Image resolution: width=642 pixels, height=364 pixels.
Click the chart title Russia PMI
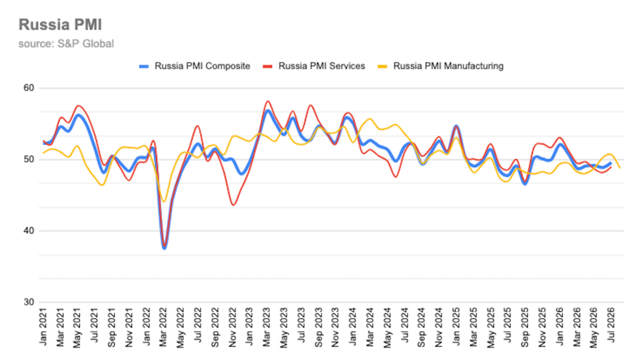(x=60, y=24)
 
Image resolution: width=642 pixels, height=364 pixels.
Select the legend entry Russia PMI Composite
(x=195, y=66)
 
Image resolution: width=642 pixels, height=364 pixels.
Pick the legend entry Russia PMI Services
(x=314, y=66)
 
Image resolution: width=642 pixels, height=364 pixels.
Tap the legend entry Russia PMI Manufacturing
(x=440, y=66)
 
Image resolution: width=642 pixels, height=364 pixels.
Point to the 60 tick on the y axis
(x=29, y=88)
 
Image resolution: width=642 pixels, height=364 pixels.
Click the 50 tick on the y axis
(x=29, y=159)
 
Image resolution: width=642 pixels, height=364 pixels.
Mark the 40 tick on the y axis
(x=29, y=231)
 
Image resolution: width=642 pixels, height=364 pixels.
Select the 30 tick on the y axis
(x=29, y=302)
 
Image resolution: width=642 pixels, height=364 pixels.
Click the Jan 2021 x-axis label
(x=43, y=327)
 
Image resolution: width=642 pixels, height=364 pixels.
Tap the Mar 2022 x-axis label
(x=163, y=327)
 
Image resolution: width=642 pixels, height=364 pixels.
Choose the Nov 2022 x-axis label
(x=232, y=328)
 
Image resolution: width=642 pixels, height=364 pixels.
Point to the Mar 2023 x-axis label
(x=267, y=327)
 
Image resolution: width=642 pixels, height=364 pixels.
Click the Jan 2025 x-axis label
(x=456, y=327)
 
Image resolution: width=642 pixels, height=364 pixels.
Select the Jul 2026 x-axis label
(x=611, y=326)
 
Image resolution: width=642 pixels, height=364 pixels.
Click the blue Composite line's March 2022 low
(x=164, y=248)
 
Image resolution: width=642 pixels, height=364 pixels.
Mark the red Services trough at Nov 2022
(x=233, y=204)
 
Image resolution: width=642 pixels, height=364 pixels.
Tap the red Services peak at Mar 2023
(x=267, y=101)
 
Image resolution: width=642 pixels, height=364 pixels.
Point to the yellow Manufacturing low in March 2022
(x=164, y=201)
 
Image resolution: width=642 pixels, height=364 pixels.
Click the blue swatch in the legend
(x=143, y=66)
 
